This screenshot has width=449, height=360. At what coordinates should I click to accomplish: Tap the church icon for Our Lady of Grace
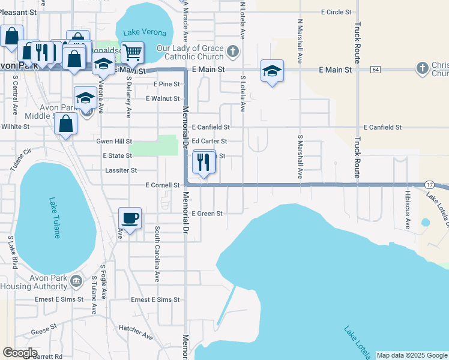coord(233,50)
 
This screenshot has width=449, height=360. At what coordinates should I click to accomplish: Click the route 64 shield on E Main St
coord(375,70)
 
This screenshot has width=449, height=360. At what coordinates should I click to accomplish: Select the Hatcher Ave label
coord(136,329)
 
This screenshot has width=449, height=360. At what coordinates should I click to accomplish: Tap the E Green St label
coord(207,214)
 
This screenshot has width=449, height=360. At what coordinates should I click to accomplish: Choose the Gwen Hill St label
coord(114,142)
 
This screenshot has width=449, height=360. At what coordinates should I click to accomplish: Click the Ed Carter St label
coord(209,142)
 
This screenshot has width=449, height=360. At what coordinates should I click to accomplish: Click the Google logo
coord(20,353)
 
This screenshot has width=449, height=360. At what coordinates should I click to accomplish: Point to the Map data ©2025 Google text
coord(411,356)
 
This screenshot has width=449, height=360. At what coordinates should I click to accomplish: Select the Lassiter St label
coord(121,170)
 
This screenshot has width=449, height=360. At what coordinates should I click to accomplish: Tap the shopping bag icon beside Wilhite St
coord(65,125)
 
